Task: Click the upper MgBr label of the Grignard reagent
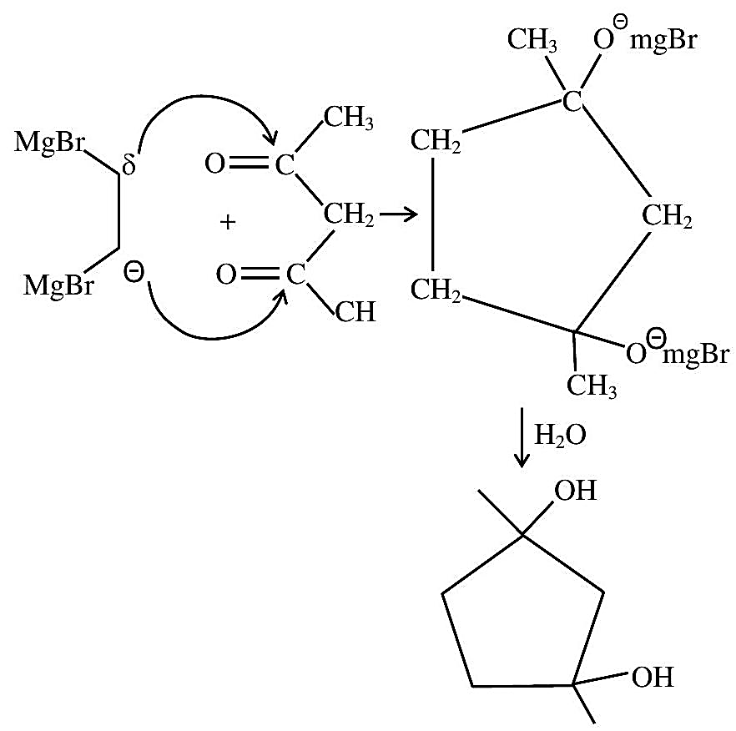[x=49, y=142]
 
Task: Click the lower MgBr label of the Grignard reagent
[x=58, y=285]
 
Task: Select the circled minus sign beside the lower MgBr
[x=134, y=273]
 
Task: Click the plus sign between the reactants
[x=228, y=222]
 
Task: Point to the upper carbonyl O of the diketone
[x=215, y=164]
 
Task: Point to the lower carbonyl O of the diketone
[x=226, y=275]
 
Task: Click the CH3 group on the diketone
[x=348, y=118]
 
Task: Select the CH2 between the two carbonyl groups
[x=349, y=215]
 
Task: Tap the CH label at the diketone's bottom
[x=355, y=311]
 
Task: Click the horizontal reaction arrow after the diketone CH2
[x=399, y=215]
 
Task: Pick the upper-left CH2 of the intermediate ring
[x=436, y=140]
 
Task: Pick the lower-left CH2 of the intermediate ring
[x=436, y=290]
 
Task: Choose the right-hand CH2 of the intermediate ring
[x=667, y=216]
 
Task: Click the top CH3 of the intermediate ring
[x=532, y=39]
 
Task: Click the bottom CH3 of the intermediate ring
[x=592, y=386]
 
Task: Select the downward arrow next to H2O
[x=522, y=437]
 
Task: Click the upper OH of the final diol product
[x=576, y=491]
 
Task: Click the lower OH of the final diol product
[x=653, y=677]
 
